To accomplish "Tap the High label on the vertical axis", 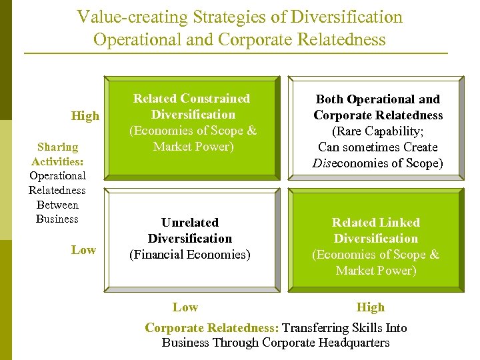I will (85, 116).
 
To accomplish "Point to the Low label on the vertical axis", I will (83, 250).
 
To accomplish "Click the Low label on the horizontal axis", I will (185, 307).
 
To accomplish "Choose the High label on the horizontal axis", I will (371, 307).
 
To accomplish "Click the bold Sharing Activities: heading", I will (57, 154).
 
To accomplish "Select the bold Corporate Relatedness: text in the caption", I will (212, 328).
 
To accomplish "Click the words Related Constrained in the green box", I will (191, 99).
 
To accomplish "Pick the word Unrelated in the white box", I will (190, 223).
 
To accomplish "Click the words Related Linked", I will (376, 223).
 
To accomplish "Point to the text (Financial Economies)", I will (190, 255).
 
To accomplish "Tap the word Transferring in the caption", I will (315, 328).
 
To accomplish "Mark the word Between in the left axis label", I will (57, 205).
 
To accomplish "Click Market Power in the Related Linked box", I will (376, 271).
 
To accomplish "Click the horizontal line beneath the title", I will (235, 53).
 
